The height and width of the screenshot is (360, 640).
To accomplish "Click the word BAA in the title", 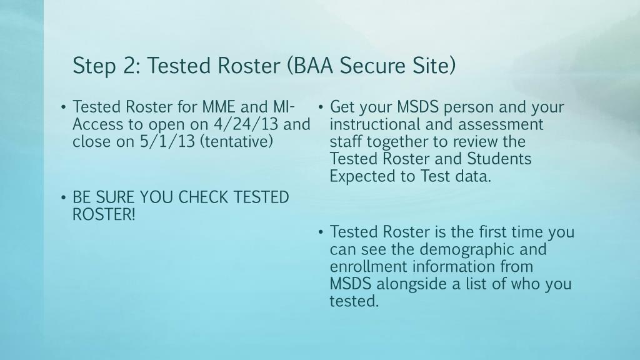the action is coord(312,65).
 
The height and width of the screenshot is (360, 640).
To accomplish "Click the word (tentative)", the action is coord(236,142).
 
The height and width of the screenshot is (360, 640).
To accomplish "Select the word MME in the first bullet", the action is coord(219,107).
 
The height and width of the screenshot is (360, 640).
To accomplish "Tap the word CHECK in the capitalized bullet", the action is coord(203,197).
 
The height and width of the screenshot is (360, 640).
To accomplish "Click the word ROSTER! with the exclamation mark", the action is coord(104,215).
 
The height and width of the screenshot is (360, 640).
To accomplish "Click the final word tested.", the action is coord(354,301).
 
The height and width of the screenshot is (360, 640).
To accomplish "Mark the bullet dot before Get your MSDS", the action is coord(321,107).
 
